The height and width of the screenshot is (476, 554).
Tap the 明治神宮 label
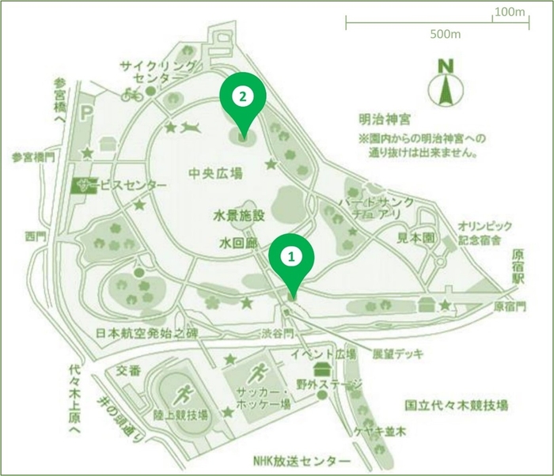click(x=383, y=119)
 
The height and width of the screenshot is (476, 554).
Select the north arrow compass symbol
click(x=446, y=82)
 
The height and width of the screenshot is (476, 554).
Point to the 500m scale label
click(x=446, y=35)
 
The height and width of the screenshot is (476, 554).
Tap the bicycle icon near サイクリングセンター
click(x=131, y=94)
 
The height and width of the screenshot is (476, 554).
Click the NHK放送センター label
click(x=301, y=462)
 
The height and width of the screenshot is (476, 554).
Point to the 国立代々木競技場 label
click(x=453, y=405)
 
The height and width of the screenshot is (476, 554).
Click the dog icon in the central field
click(x=191, y=127)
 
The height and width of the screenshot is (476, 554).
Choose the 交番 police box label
click(x=127, y=369)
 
